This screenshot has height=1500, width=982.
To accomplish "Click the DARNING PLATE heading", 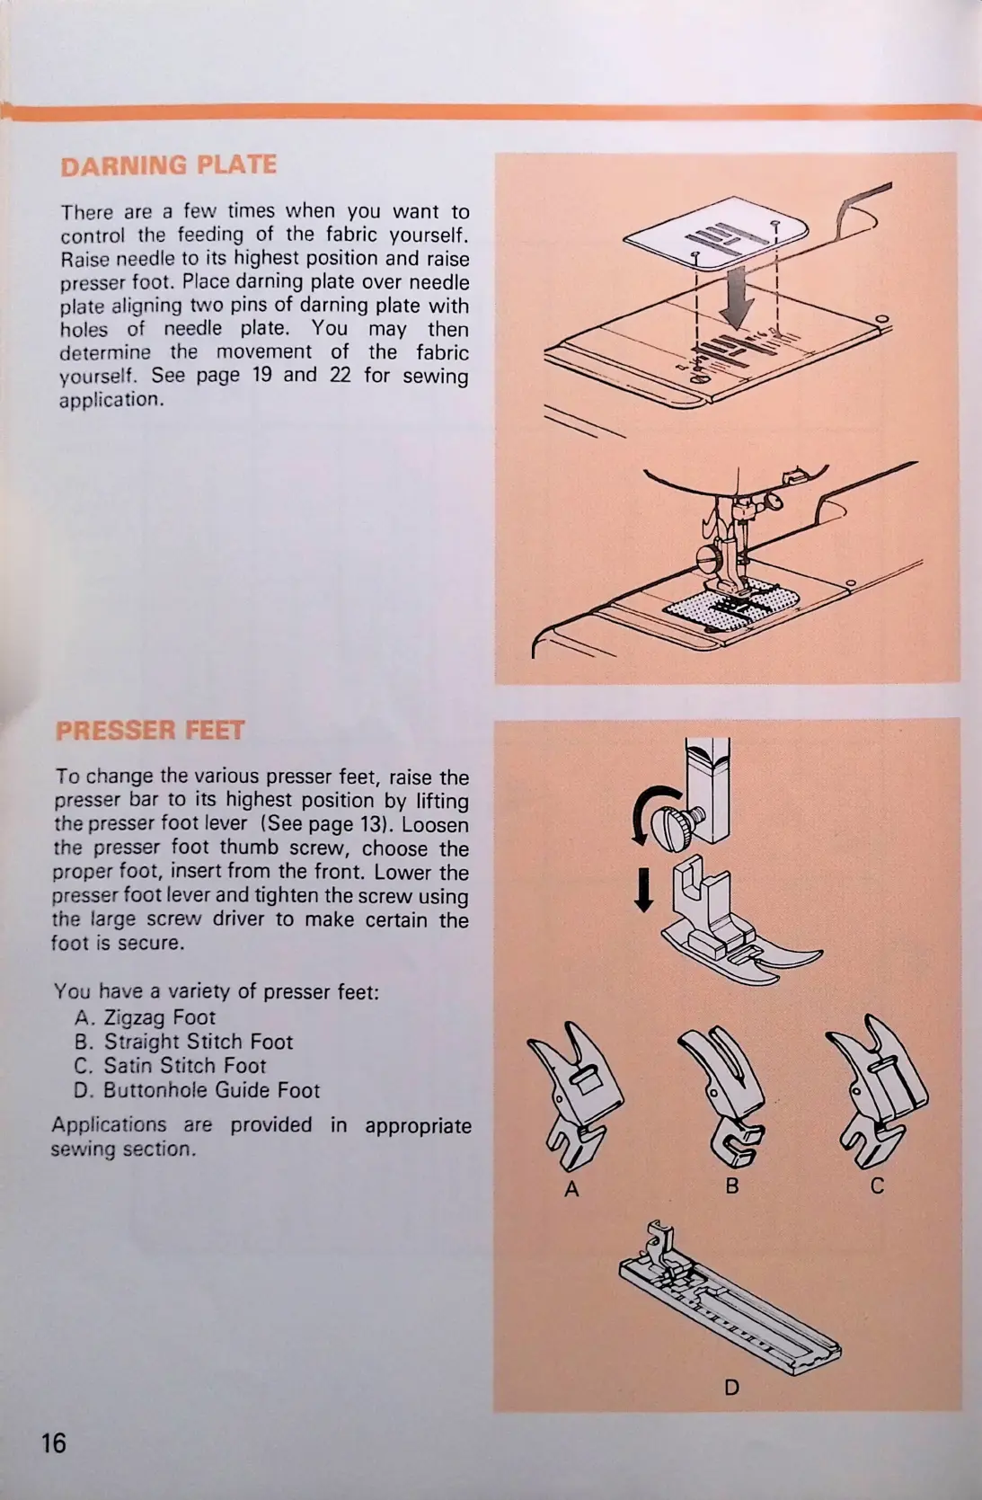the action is point(168,165).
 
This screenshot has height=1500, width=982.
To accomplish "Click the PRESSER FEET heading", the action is point(149,730).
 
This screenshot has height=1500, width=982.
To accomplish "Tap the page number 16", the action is point(54,1442).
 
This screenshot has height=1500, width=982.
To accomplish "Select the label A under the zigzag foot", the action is point(571,1189).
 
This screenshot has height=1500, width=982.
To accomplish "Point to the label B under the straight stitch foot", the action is point(732,1185).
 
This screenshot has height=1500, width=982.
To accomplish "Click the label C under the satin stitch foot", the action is point(878,1185).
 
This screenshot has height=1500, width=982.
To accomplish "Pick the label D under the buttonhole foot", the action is point(732,1388).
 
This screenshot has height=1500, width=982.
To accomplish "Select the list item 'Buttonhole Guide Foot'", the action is point(211,1090).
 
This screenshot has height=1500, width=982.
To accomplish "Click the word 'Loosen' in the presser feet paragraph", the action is point(435,824).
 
